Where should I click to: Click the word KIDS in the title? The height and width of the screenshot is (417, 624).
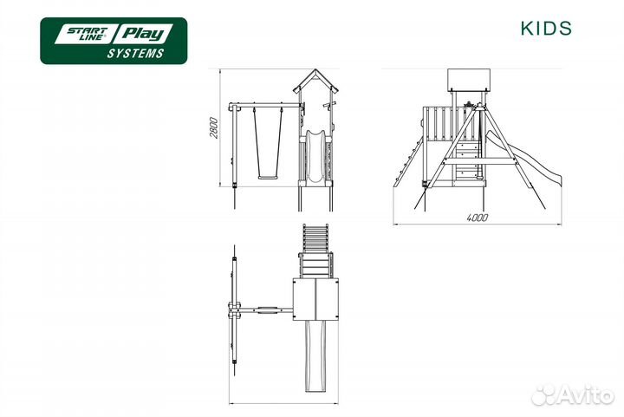[546, 29]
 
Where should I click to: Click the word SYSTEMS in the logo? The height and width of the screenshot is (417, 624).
[135, 54]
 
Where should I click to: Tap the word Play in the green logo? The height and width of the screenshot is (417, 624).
[142, 34]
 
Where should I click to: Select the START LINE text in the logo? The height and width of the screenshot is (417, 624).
[87, 34]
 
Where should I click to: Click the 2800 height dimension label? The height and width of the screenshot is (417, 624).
[214, 127]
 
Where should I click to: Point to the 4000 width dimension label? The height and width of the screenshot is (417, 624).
[478, 218]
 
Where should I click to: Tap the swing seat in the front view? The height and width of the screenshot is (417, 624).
[268, 177]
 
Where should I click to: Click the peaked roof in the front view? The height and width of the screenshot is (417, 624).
[315, 81]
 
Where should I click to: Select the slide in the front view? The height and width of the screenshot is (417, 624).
[315, 156]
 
